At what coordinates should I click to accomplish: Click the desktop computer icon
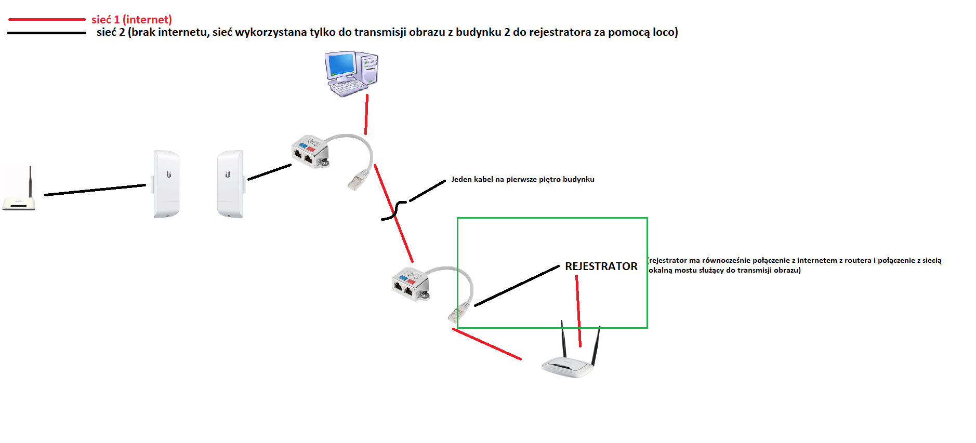(x=351, y=74)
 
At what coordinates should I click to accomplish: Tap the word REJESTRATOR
(x=601, y=266)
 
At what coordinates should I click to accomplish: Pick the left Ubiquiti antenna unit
(x=166, y=184)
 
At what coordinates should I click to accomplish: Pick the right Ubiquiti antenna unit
(x=230, y=184)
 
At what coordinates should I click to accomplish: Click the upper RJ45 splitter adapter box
(x=310, y=152)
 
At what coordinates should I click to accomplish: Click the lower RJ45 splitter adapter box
(x=410, y=285)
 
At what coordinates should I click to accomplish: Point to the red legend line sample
(x=47, y=19)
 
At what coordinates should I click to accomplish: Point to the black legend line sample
(x=47, y=33)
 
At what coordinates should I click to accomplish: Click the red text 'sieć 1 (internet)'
(x=131, y=20)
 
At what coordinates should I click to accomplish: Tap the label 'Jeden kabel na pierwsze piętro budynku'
(x=523, y=179)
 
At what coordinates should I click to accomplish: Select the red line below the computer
(x=366, y=114)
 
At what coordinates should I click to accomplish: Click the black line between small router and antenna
(x=95, y=190)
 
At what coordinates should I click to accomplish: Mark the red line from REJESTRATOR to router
(x=578, y=311)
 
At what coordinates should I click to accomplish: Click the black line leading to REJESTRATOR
(x=517, y=286)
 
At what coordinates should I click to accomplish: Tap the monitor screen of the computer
(x=341, y=64)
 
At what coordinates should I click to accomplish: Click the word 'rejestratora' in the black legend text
(x=560, y=32)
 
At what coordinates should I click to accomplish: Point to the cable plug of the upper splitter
(x=358, y=180)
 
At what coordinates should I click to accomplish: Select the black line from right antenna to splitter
(x=269, y=172)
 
